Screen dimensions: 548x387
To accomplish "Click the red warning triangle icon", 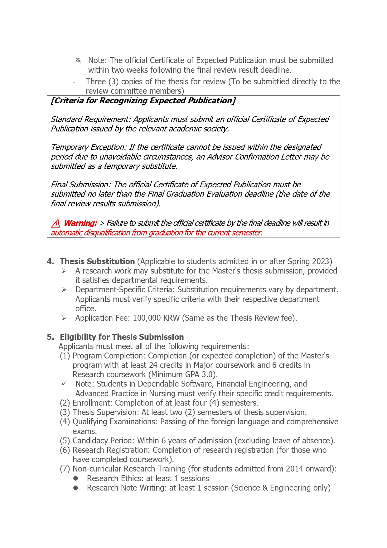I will point(56,223).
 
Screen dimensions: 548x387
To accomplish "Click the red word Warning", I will point(80,223).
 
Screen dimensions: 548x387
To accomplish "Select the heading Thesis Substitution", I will point(97,261).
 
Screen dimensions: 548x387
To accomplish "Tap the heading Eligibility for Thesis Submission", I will point(122,337).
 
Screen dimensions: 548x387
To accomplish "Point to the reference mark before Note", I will point(78,60).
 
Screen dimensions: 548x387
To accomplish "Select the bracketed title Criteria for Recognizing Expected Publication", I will point(143,101).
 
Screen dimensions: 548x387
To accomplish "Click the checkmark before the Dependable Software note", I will point(64,383).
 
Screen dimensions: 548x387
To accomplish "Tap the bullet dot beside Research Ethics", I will point(75,478).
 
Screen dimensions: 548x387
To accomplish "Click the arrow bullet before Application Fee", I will point(64,318).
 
